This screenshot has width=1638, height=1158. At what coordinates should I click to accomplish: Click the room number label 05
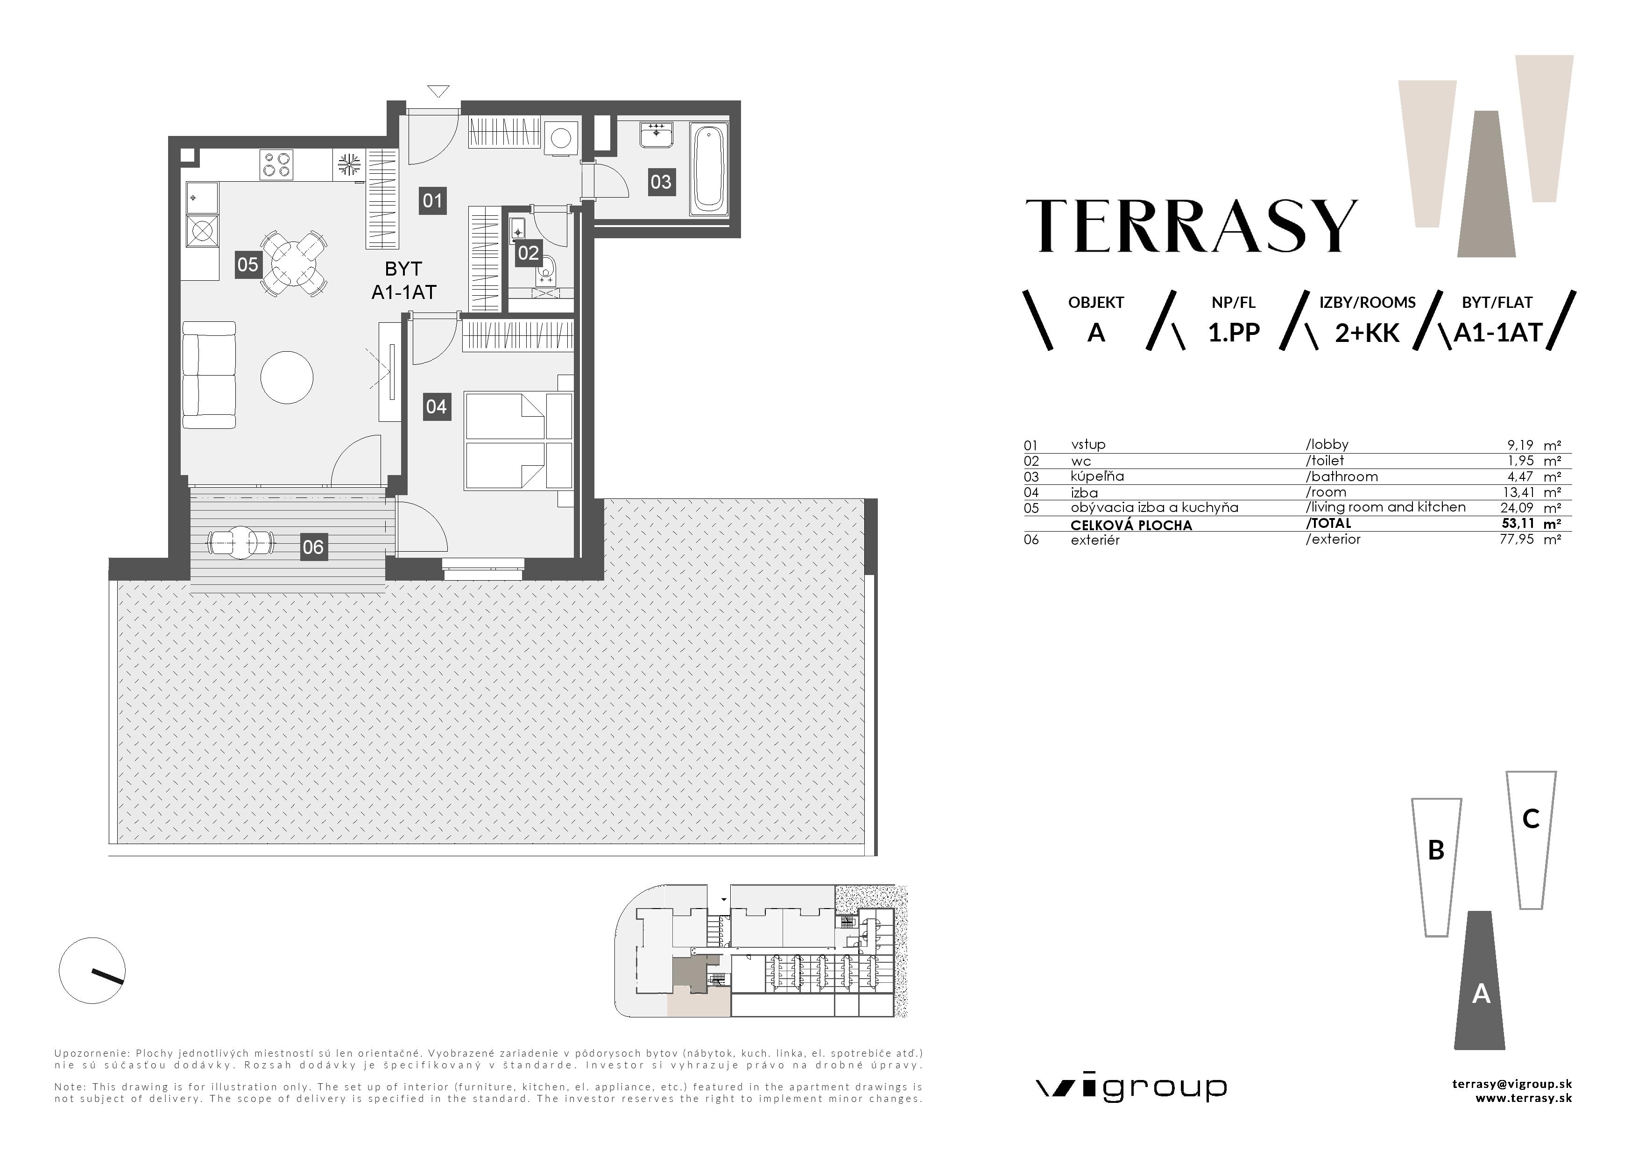pos(247,265)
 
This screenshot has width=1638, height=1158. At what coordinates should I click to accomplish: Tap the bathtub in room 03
pos(708,169)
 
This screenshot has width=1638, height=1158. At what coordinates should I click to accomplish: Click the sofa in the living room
pos(208,375)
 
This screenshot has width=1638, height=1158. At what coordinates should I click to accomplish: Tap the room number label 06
pos(313,547)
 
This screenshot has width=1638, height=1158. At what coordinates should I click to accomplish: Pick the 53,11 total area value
pos(1518,524)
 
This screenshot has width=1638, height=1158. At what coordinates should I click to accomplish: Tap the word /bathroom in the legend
pos(1341,476)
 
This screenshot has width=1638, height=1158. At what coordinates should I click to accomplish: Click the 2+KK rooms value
pos(1367,333)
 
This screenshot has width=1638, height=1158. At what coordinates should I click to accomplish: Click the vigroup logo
pos(1131,1088)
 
